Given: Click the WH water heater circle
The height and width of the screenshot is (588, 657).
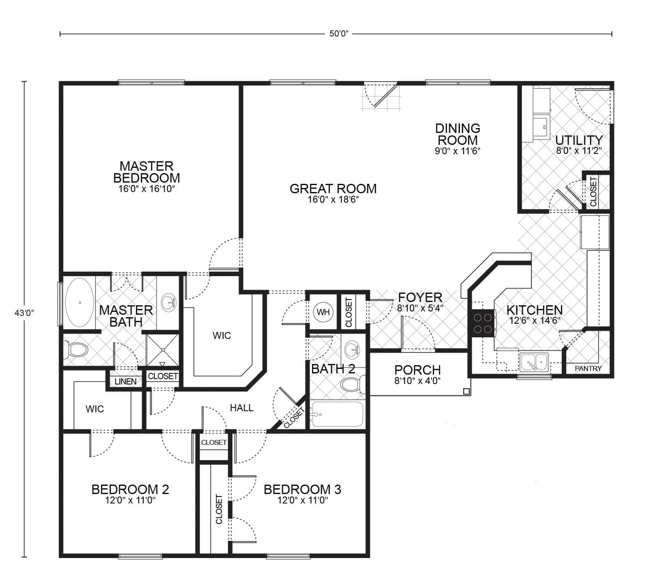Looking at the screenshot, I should click(323, 312).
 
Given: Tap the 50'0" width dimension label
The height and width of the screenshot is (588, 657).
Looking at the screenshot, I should click(338, 34).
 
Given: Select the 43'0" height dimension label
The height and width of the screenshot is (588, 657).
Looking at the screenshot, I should click(24, 313).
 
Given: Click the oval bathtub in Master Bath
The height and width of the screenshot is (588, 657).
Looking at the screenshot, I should click(79, 302).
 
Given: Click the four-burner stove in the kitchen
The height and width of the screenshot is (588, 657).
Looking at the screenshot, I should click(482, 323).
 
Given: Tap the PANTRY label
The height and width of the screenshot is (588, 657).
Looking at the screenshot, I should click(588, 368).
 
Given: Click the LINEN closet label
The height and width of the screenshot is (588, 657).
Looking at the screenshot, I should click(126, 381).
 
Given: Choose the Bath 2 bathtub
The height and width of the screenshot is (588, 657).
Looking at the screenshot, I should click(337, 414).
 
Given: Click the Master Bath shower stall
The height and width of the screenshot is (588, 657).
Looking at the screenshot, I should click(163, 350).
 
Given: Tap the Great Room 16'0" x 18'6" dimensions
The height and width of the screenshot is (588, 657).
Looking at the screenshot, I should click(333, 200).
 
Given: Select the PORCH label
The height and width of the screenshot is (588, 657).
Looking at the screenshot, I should click(417, 370).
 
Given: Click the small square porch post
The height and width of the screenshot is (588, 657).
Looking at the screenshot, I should click(466, 391).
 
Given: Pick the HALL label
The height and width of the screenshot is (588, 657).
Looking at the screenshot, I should click(241, 408).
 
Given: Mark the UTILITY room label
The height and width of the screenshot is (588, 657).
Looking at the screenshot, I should click(579, 140).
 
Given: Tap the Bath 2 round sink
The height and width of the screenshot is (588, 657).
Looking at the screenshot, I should click(351, 350).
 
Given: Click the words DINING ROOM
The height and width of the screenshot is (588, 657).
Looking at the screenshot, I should click(457, 134).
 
